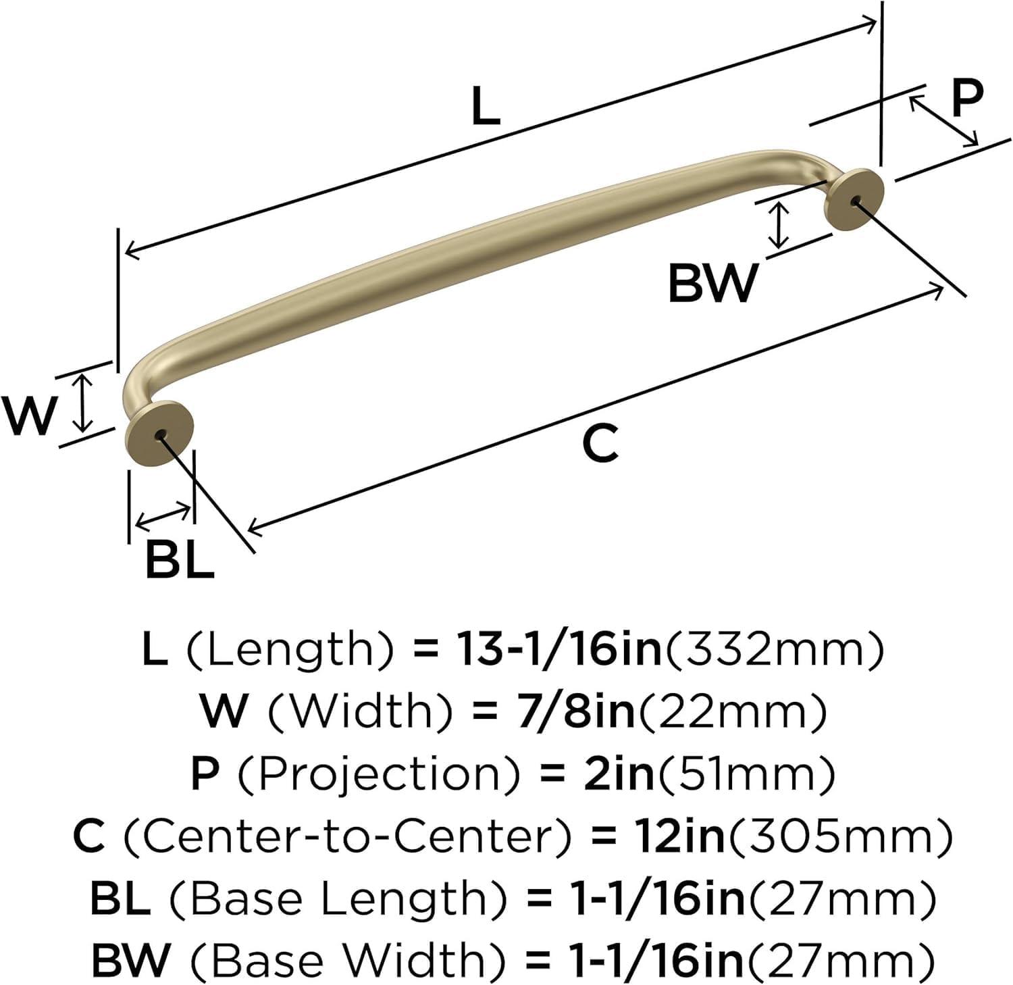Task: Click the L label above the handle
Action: pyautogui.click(x=485, y=108)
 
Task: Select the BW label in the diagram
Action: pyautogui.click(x=712, y=284)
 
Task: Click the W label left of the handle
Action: pyautogui.click(x=28, y=415)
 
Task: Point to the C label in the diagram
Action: pyautogui.click(x=600, y=444)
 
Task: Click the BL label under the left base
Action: pyautogui.click(x=179, y=560)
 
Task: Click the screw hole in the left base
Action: pyautogui.click(x=160, y=437)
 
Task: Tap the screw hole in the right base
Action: pyautogui.click(x=856, y=200)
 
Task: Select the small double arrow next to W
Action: pyautogui.click(x=82, y=403)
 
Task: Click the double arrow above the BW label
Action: pyautogui.click(x=779, y=226)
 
